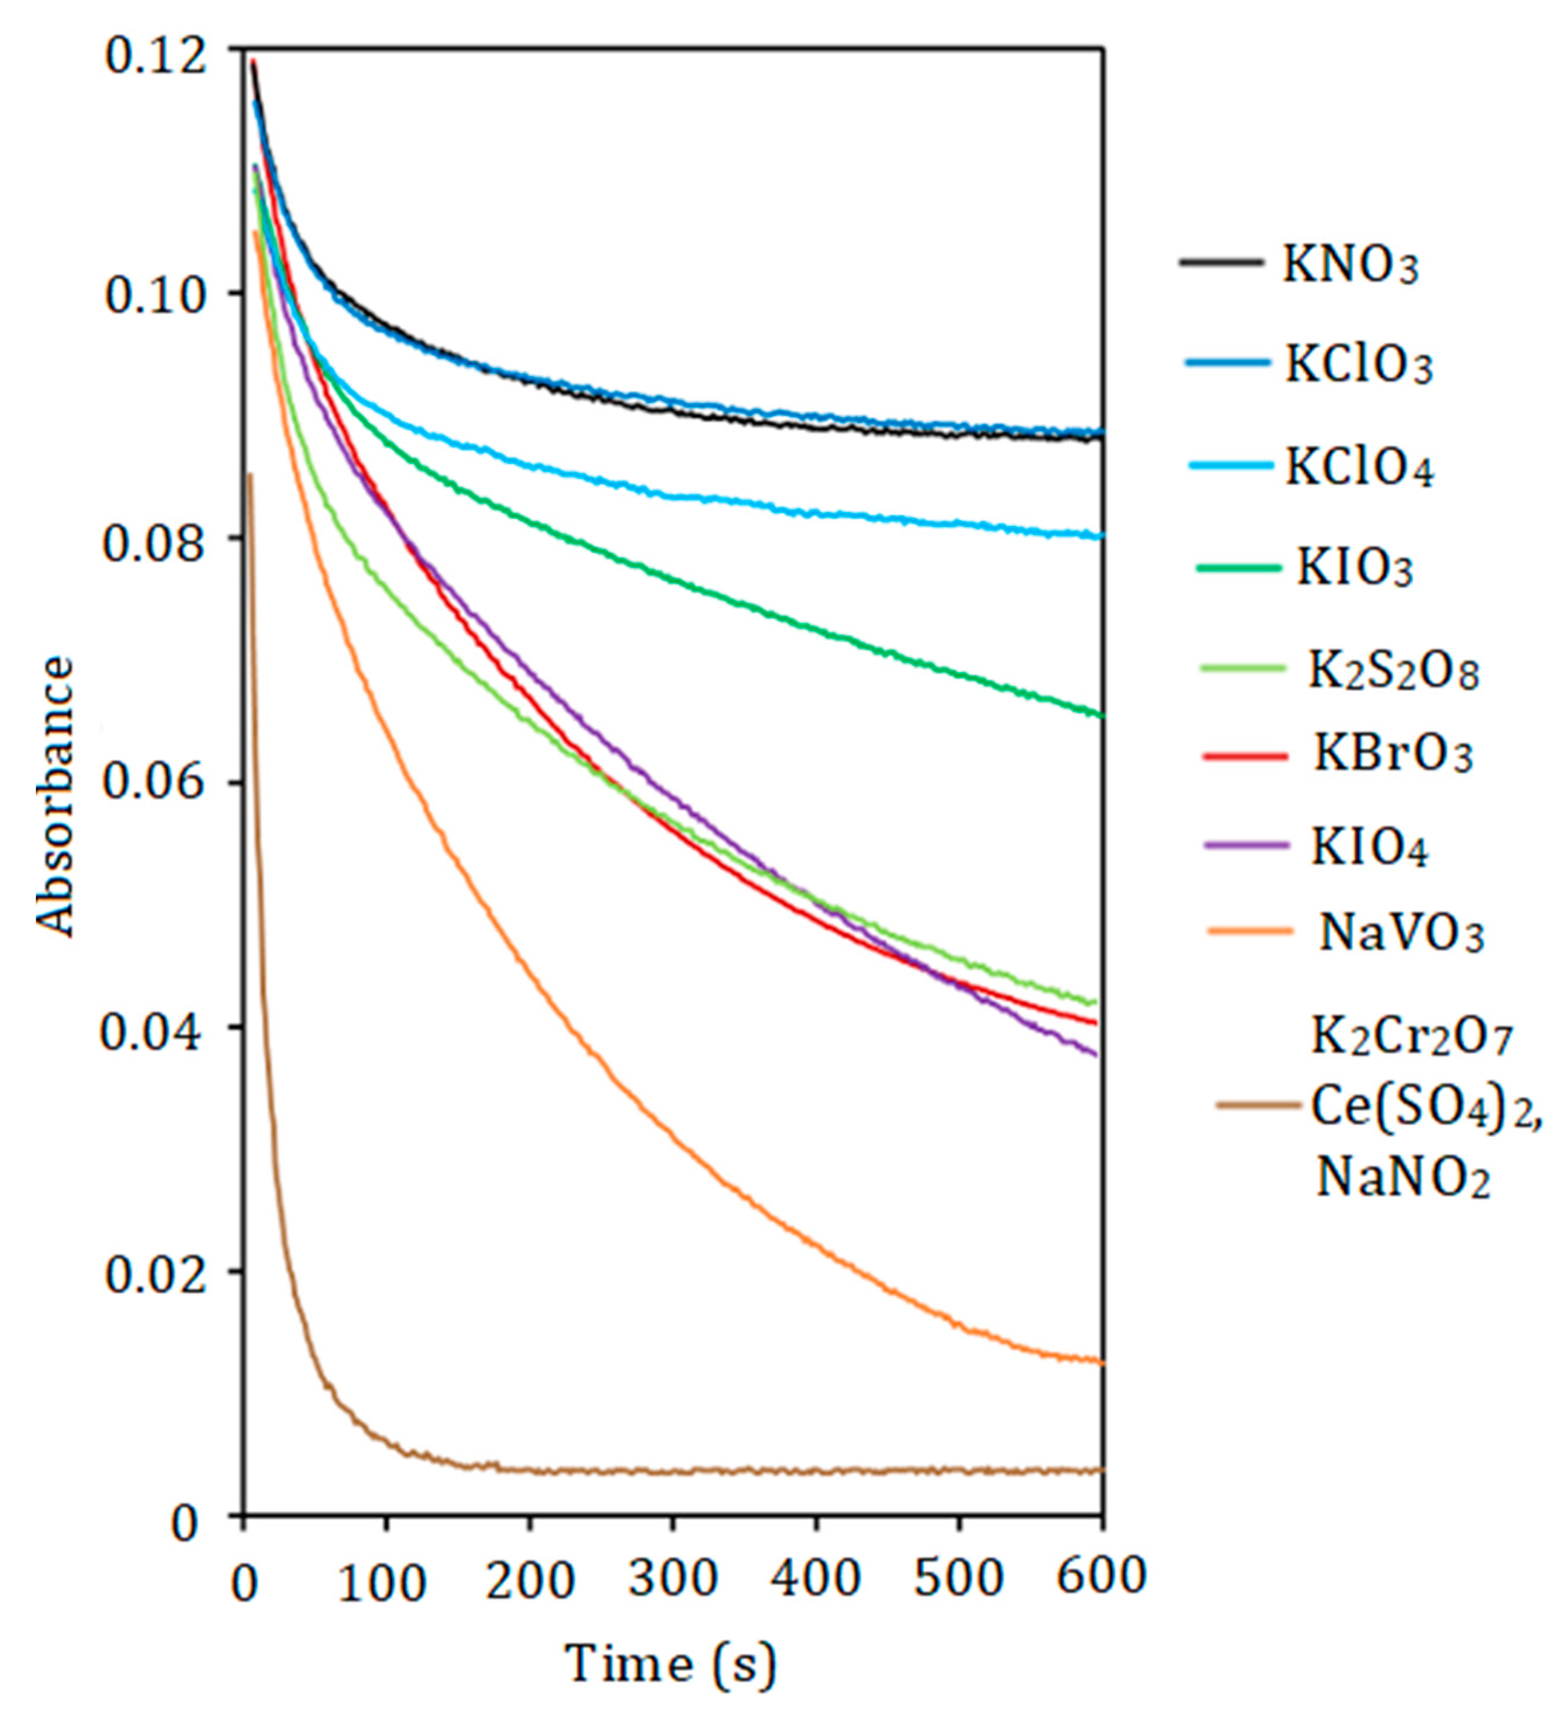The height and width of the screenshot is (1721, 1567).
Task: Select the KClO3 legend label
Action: tap(1359, 366)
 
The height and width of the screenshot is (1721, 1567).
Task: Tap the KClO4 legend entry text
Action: tap(1359, 469)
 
